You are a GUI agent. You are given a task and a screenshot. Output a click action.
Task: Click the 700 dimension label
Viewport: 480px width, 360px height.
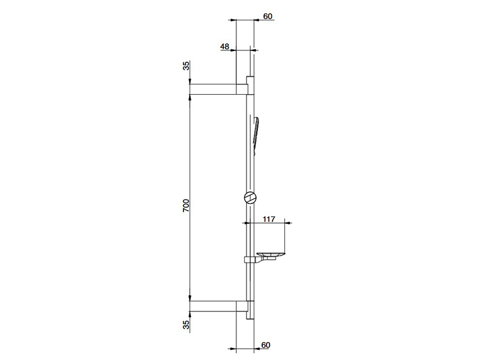coord(186,206)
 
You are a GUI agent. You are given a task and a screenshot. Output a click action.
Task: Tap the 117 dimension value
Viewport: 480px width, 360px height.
coord(269,219)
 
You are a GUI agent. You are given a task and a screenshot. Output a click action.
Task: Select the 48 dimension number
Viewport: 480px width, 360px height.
coord(224,47)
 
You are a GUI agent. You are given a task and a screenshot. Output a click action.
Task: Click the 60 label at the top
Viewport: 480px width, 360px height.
coord(268,16)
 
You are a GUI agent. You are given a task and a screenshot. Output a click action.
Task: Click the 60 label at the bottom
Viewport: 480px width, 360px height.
coord(266,345)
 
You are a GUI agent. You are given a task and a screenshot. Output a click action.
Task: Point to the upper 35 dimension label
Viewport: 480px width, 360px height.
coord(186,66)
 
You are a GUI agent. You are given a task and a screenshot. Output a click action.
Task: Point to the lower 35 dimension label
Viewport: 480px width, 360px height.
coord(186,325)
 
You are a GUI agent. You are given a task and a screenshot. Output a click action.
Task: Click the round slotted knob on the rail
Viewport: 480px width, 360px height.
coord(250,197)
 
